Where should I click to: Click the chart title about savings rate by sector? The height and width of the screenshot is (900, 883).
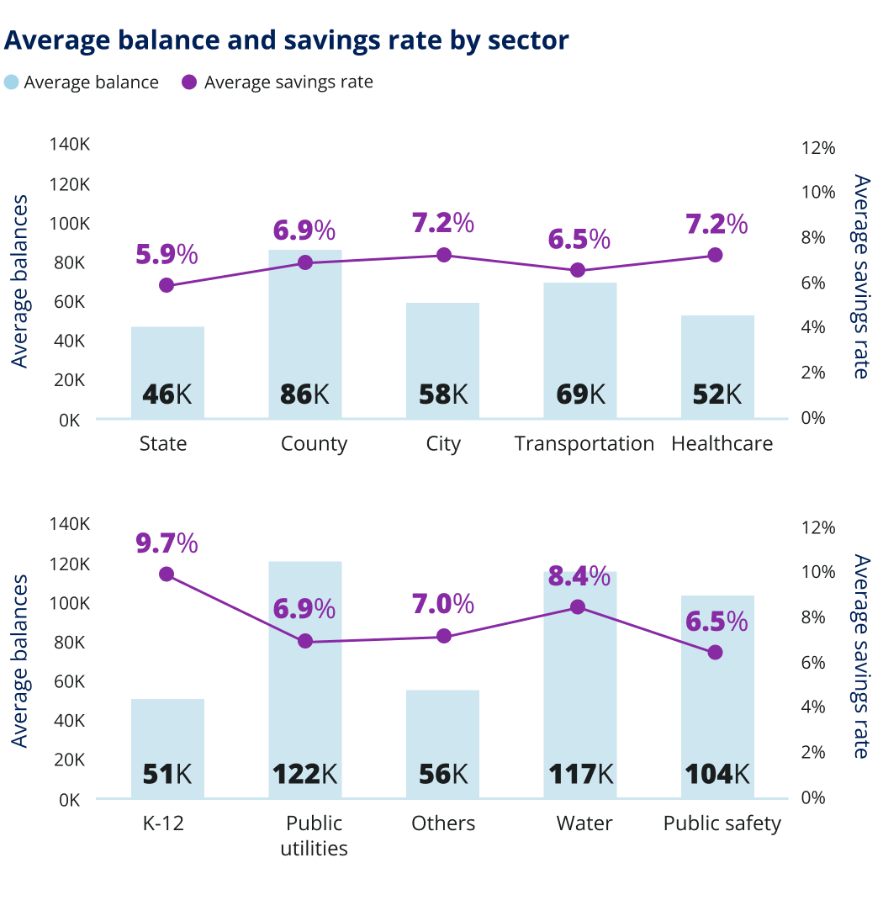tap(287, 40)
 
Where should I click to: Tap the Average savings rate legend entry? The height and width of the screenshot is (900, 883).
tap(278, 82)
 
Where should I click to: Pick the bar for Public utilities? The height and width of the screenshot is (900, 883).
tap(305, 673)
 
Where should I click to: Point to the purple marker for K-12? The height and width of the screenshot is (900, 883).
tap(167, 574)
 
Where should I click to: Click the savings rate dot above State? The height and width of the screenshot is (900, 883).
tap(167, 285)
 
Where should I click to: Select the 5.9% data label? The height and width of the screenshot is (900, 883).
tap(167, 253)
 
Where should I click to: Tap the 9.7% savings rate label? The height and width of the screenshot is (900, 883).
tap(167, 543)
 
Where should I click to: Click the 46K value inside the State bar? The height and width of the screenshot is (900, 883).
tap(167, 394)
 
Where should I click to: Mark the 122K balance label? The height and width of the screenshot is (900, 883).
tap(304, 774)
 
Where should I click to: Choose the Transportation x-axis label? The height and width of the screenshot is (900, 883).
tap(584, 444)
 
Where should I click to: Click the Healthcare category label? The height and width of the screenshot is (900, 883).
tap(722, 444)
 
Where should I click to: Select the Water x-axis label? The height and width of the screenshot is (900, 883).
tap(584, 823)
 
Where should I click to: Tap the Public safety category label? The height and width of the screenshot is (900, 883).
tap(722, 823)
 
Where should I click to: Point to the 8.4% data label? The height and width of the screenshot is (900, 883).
tap(579, 576)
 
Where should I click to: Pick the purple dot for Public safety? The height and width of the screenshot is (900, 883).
tap(715, 652)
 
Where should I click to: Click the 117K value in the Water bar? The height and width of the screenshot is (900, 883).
tap(579, 774)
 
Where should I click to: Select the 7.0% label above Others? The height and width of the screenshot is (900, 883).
tap(442, 604)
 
